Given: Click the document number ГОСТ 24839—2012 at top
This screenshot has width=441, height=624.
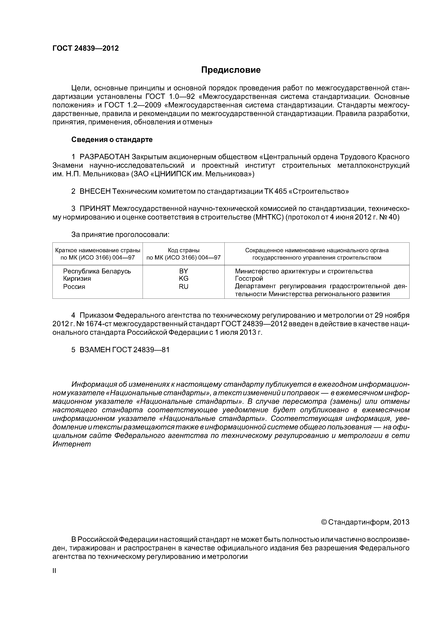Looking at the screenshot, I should point(86,48).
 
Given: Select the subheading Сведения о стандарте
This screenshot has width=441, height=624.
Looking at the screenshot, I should point(112,140).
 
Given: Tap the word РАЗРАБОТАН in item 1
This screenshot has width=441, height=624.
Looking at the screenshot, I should point(104,157).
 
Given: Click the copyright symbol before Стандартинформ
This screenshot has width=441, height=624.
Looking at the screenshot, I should point(324,522).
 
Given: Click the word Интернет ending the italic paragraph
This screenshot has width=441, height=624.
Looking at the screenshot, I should point(71,444).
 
